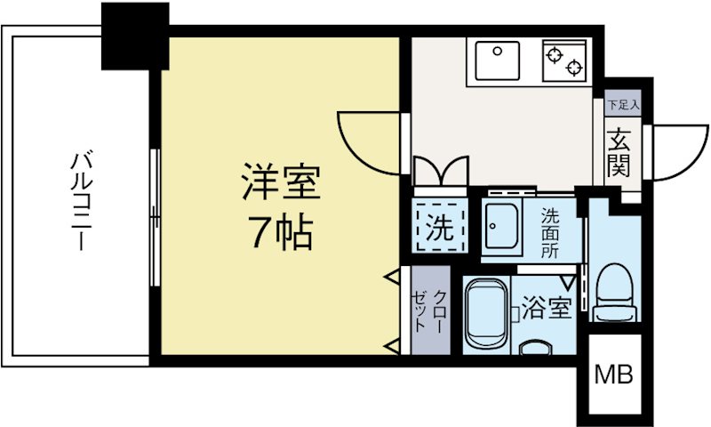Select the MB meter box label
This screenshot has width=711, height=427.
(614, 375)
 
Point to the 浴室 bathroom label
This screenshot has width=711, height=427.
(545, 310)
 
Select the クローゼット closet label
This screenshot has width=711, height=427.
(429, 310)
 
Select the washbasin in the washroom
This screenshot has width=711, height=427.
(505, 228)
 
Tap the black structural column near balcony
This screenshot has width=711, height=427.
(134, 36)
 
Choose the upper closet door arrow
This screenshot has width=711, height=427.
(391, 279)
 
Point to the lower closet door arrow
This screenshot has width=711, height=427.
(391, 344)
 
